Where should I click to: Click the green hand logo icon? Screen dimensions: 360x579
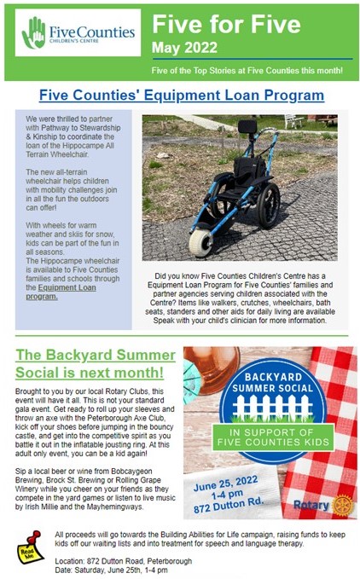click(33, 32)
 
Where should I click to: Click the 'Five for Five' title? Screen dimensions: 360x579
click(226, 24)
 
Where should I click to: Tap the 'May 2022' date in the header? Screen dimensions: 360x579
click(184, 48)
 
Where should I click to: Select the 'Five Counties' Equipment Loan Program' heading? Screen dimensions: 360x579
click(182, 95)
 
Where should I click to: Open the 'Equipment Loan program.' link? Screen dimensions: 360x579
click(61, 292)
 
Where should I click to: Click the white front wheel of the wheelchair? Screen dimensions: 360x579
click(200, 243)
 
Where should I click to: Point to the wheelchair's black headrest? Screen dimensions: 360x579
click(247, 127)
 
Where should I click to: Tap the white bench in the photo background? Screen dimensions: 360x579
click(294, 120)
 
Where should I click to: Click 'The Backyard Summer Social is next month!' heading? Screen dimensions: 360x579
click(96, 364)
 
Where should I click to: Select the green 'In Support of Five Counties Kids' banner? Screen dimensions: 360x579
click(273, 437)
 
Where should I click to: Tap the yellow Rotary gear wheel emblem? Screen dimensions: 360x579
click(343, 505)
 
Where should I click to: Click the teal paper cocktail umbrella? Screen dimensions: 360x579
click(192, 376)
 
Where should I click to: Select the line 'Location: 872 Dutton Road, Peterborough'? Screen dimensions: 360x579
click(124, 561)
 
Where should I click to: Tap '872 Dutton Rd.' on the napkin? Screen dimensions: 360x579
click(229, 505)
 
